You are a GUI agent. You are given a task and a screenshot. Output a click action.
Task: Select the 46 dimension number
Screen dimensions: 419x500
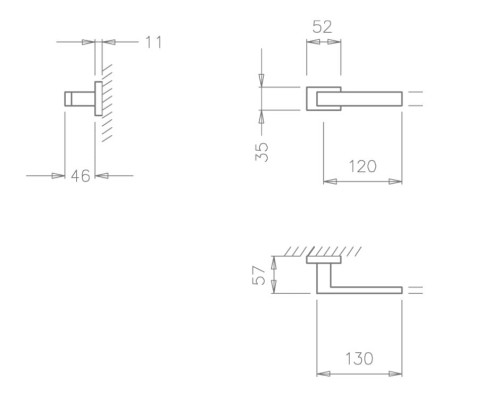coord(80,176)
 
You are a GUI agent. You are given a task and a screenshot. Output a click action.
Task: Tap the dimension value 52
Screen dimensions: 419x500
coord(322,28)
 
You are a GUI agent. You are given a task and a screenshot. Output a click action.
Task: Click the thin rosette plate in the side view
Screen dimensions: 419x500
coord(98,97)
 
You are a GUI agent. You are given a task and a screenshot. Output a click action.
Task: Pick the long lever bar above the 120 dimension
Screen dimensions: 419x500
coord(370,97)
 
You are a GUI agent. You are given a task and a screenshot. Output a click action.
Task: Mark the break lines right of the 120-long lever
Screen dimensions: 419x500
coord(416,97)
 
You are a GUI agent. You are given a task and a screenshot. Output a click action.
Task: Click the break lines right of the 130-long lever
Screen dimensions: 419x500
coord(416,290)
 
